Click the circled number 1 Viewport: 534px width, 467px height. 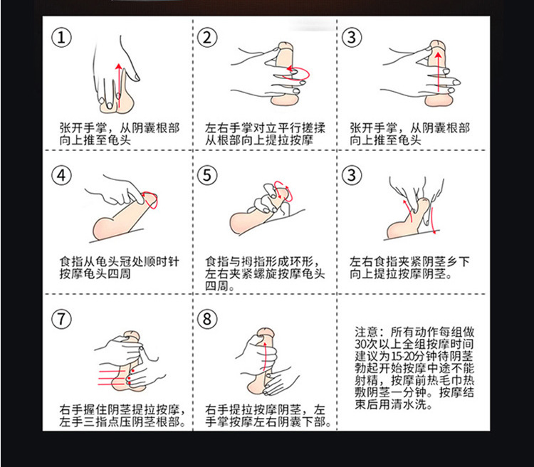[x=66, y=38]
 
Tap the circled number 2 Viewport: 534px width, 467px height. [x=207, y=38]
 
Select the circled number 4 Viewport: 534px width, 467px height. [x=65, y=175]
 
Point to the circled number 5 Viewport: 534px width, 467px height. [x=207, y=175]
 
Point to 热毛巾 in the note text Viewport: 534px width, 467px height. [x=448, y=380]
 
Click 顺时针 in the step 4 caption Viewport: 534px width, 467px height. [x=165, y=261]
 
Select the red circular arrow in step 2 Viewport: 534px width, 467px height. [x=299, y=71]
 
